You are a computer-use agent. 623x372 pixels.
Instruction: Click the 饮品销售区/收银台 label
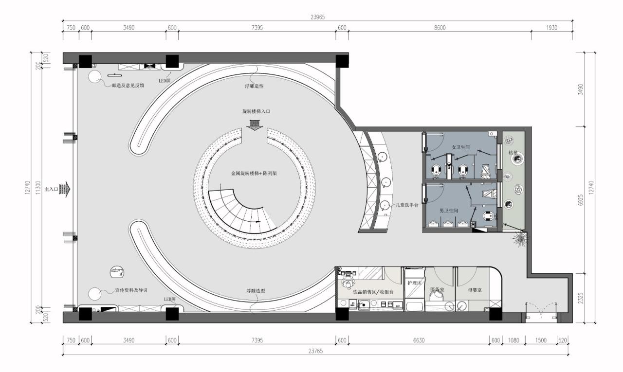(370, 292)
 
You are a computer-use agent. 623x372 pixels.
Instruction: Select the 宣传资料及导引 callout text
(131, 290)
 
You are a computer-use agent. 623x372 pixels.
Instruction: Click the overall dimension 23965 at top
(317, 17)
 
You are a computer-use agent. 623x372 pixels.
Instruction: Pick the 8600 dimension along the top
(440, 28)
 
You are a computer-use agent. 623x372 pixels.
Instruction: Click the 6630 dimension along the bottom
(419, 340)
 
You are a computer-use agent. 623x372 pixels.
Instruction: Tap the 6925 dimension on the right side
(580, 199)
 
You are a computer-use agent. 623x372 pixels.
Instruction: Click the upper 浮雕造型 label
(255, 86)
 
